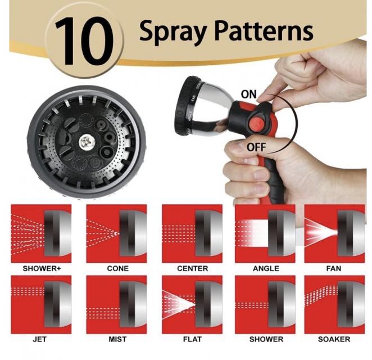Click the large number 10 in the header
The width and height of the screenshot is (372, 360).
coord(84,41)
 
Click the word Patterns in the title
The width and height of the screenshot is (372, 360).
coord(264,31)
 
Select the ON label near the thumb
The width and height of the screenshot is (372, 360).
coord(248,94)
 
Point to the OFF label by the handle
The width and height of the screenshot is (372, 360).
coord(256,147)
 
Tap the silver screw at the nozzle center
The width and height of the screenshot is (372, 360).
coord(87,142)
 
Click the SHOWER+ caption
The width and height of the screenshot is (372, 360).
coord(42,268)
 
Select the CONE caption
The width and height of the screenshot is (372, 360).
coord(117,268)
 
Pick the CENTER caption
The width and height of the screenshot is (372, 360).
coord(192,268)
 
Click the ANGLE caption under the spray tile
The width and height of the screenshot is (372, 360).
coord(266,268)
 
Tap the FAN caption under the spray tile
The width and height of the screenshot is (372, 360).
coord(334,268)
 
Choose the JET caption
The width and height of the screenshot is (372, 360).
coord(40,339)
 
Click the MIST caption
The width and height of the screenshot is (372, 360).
coord(117,339)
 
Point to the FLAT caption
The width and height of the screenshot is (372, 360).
coord(192,339)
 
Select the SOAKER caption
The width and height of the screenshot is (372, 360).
coord(334,339)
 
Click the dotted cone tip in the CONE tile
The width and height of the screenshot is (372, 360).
coord(116,233)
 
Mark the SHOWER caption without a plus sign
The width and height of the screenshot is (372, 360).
coord(266,339)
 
